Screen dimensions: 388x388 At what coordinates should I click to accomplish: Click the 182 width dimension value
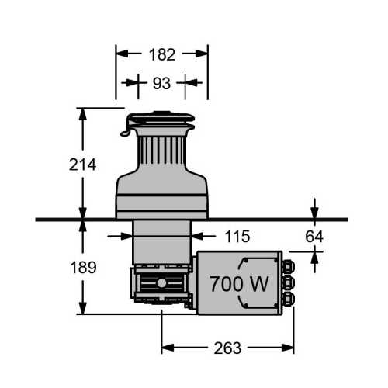[162, 54]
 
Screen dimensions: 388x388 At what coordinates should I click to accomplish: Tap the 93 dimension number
[161, 83]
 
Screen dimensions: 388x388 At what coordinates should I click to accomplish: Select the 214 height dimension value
[82, 165]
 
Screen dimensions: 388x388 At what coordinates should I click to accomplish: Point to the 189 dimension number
[83, 267]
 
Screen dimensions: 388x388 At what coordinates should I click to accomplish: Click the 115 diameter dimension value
[237, 237]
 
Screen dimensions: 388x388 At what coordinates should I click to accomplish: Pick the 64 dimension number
[314, 237]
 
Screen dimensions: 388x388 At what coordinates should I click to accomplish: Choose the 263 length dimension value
[227, 348]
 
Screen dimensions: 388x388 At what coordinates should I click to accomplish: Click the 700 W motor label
[239, 284]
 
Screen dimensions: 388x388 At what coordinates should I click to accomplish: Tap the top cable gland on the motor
[288, 267]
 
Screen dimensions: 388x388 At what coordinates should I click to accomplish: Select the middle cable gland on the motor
[288, 282]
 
